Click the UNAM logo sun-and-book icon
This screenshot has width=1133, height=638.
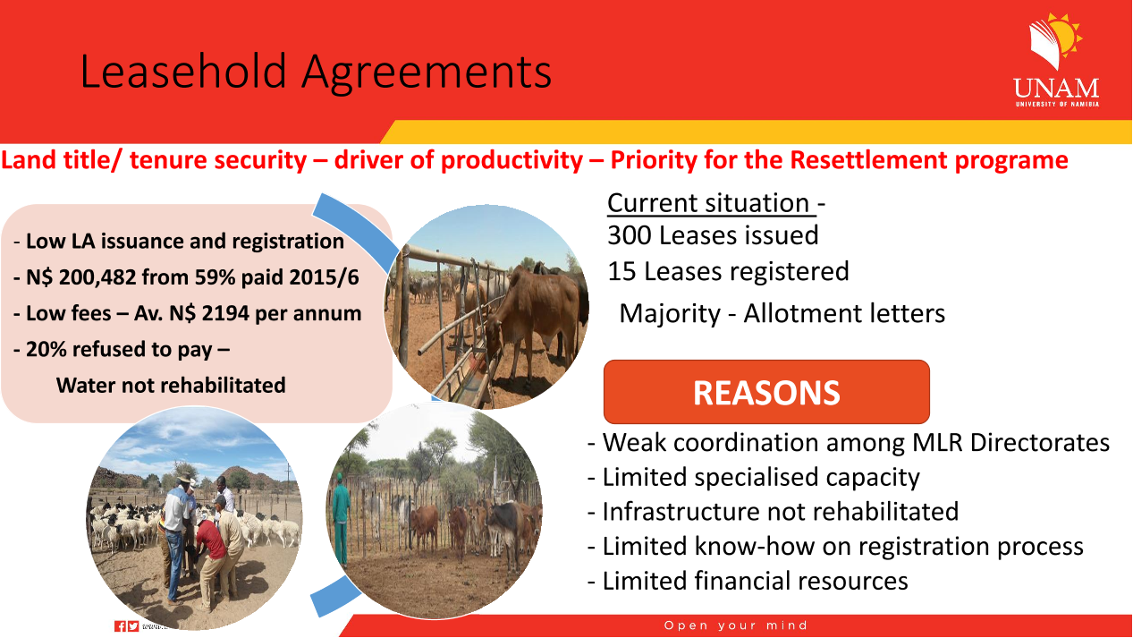tap(1055, 41)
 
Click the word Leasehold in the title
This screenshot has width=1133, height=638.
tap(183, 72)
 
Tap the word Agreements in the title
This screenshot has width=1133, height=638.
tap(427, 72)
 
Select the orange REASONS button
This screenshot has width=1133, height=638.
tap(766, 392)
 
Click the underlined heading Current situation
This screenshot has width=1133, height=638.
tap(711, 203)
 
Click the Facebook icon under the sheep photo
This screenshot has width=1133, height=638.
tap(121, 626)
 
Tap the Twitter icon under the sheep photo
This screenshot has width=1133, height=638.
tap(133, 626)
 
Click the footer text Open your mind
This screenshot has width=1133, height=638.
tap(736, 625)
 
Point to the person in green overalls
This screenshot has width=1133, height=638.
tap(341, 517)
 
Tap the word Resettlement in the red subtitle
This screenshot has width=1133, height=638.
tap(868, 160)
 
